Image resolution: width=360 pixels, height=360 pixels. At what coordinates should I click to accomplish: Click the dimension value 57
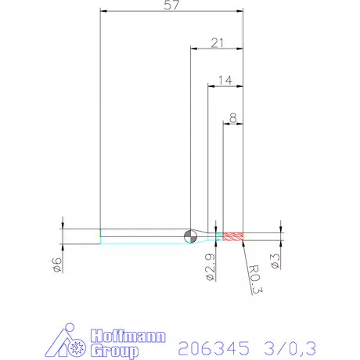(x=171, y=5)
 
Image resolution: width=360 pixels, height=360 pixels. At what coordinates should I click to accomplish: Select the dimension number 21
(x=218, y=44)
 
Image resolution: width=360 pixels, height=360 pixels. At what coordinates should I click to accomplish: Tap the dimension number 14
(x=226, y=80)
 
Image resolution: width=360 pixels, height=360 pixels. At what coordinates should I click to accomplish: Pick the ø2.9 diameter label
(x=210, y=265)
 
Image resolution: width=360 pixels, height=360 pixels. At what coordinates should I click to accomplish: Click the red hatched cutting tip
(x=233, y=236)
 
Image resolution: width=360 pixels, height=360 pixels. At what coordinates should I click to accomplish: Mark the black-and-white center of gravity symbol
(x=191, y=236)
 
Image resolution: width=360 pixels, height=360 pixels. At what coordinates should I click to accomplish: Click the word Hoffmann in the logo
(x=128, y=337)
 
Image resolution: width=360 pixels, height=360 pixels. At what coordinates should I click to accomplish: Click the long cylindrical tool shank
(x=145, y=236)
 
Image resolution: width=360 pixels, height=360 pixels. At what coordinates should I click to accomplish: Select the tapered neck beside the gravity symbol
(x=205, y=236)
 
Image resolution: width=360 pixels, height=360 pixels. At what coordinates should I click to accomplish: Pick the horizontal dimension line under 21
(x=218, y=49)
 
